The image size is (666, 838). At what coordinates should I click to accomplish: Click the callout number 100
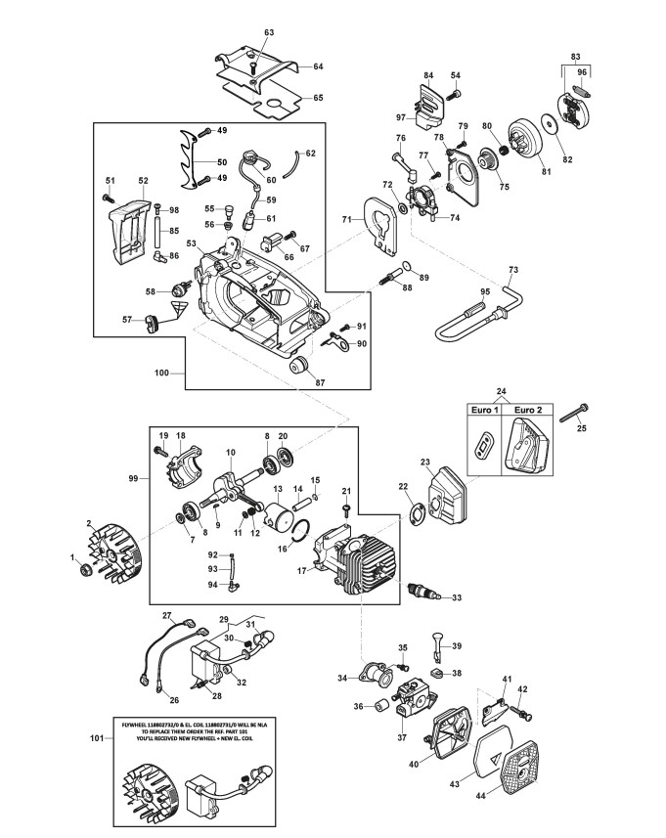[x=161, y=373]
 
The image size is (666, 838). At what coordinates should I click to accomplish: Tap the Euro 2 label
[x=529, y=411]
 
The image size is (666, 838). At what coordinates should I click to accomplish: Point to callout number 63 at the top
[x=269, y=33]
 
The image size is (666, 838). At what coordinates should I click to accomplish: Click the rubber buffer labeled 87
[x=300, y=365]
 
